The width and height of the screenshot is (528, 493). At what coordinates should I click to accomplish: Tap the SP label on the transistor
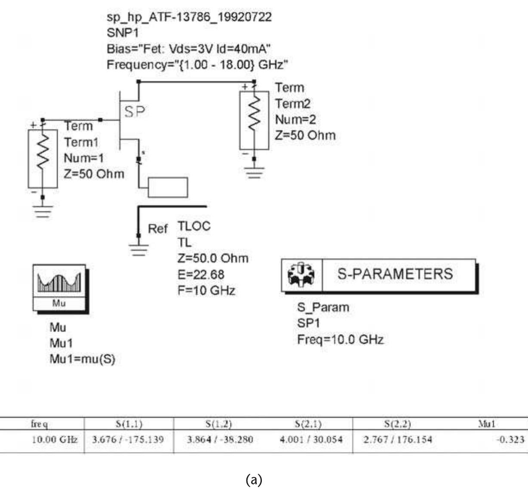pos(135,112)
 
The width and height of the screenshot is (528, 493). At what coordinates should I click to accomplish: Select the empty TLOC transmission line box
pos(168,187)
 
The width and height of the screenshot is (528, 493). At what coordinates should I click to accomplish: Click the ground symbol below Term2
pos(255,173)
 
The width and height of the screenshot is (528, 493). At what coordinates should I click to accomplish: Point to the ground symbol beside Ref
pos(138,250)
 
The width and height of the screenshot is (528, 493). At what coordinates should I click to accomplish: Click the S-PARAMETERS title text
pos(395,274)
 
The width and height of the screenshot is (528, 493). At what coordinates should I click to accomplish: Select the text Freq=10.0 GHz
pos(340,340)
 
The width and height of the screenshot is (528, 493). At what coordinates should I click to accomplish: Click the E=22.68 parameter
pos(201,274)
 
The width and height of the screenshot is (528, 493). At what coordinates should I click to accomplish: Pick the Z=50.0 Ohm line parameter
pos(213,259)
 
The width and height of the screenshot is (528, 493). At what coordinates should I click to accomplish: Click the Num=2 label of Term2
pos(295,119)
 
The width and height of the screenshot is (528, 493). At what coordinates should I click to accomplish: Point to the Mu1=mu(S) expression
pos(83,359)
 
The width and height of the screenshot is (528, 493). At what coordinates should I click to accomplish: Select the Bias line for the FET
pos(188,49)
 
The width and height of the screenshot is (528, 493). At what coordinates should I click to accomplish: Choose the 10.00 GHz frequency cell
pos(55,440)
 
